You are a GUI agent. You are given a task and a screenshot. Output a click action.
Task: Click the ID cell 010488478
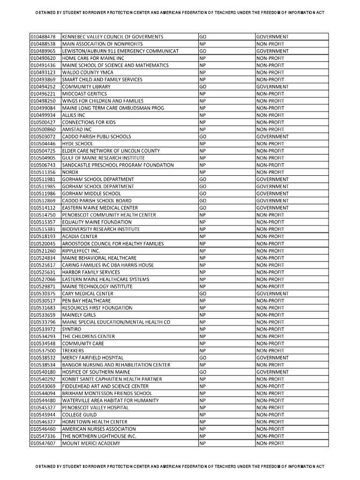coord(43,37)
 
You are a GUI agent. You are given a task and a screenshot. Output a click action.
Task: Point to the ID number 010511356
coord(43,172)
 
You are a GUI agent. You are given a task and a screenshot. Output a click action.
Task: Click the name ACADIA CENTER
coord(80,236)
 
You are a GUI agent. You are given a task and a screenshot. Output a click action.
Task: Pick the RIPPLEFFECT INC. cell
coord(81,251)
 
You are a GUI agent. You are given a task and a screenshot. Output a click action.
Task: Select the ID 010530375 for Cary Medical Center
coord(43,293)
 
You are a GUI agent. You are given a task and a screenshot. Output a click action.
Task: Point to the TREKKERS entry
coord(73,351)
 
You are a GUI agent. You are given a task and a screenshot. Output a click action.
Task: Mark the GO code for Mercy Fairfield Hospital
coord(203,358)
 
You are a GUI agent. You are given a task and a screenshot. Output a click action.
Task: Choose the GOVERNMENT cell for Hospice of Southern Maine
coord(272,372)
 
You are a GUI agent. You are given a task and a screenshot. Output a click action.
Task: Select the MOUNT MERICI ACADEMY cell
coord(91,443)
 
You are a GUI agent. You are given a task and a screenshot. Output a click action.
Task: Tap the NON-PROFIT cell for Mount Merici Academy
coord(270,443)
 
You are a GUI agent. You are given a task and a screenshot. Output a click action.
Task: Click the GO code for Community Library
coord(203,87)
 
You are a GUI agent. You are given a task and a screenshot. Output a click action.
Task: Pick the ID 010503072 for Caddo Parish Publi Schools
coord(43,136)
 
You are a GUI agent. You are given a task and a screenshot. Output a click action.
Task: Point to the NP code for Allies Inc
coord(202,115)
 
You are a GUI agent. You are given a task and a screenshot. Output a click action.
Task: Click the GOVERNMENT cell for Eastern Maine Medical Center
coord(272,208)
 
